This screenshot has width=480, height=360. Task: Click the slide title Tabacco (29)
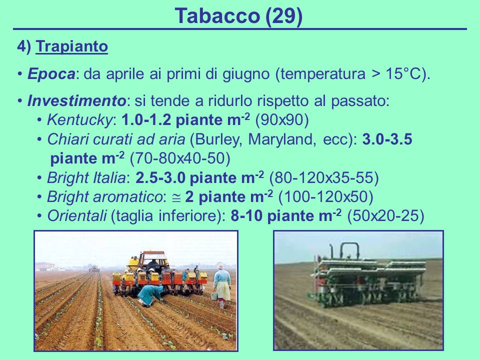(238, 16)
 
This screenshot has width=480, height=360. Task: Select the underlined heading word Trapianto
(71, 46)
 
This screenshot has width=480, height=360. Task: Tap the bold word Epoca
(51, 74)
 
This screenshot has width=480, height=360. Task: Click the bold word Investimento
(76, 100)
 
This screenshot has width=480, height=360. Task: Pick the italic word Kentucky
(80, 120)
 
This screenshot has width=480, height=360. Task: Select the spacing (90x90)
(281, 120)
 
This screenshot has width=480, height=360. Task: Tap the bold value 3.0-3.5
(387, 139)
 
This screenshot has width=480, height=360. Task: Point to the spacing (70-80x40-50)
(180, 158)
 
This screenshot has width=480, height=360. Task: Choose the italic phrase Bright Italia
(86, 178)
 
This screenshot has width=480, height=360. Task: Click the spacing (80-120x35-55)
(324, 178)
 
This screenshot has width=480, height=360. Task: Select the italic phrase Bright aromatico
(104, 197)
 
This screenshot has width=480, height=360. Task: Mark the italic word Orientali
(77, 216)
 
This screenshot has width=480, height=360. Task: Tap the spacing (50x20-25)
(385, 216)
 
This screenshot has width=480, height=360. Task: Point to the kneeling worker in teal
(150, 294)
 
